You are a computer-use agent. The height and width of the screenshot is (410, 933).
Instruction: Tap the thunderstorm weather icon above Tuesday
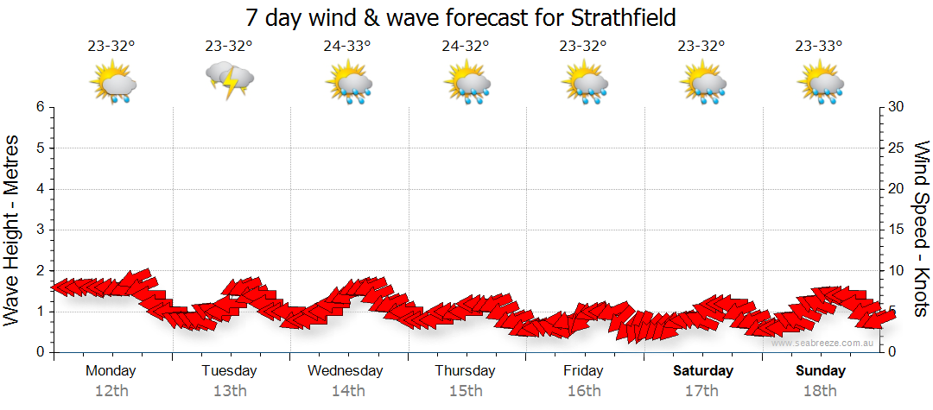point(229,81)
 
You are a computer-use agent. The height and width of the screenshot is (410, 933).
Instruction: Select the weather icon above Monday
point(111,82)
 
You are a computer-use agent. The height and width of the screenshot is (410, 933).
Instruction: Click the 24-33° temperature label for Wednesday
point(347,47)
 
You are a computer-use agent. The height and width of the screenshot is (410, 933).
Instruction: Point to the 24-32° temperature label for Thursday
point(466,47)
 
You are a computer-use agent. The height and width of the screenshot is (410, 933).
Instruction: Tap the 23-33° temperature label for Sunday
point(819,47)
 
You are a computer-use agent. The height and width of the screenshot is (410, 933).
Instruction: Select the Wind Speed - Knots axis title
point(920,230)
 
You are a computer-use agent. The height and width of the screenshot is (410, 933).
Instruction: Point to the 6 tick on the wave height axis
point(40,107)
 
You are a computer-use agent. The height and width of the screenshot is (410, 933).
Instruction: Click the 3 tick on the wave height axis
point(40,230)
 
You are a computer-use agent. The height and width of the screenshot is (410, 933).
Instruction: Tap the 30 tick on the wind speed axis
point(897,107)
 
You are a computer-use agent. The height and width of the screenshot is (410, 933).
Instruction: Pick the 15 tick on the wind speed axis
point(897,230)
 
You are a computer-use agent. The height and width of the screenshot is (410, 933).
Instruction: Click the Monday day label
point(111,371)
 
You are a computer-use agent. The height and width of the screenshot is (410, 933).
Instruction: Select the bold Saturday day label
point(703,371)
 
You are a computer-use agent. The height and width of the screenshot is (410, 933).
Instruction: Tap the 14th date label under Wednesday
point(347,390)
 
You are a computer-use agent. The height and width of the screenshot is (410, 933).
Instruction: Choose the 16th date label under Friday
point(584,390)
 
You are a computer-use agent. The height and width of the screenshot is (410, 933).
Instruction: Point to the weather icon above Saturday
point(702,82)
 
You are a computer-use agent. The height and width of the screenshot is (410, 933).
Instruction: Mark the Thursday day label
point(465,371)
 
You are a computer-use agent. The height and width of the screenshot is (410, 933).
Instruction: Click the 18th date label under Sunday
point(821,390)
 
